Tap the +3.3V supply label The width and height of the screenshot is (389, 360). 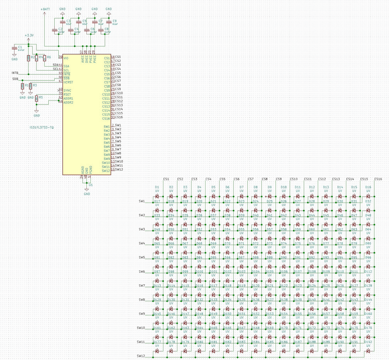29,35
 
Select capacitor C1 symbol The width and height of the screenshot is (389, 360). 14,48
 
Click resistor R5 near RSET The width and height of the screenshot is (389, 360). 36,99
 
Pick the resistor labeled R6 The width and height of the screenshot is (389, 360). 44,58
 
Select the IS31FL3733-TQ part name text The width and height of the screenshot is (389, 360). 41,127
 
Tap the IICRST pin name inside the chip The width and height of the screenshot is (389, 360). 68,82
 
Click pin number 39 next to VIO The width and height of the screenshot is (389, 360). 61,57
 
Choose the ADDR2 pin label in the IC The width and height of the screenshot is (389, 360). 68,103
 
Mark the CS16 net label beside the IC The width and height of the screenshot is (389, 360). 119,117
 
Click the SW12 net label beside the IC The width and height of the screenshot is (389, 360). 119,170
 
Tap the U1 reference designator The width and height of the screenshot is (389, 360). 90,185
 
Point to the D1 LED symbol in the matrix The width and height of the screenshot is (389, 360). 157,196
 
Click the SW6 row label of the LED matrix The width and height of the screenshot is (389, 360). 142,271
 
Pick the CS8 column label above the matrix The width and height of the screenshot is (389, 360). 264,179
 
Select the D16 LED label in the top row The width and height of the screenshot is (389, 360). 368,187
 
